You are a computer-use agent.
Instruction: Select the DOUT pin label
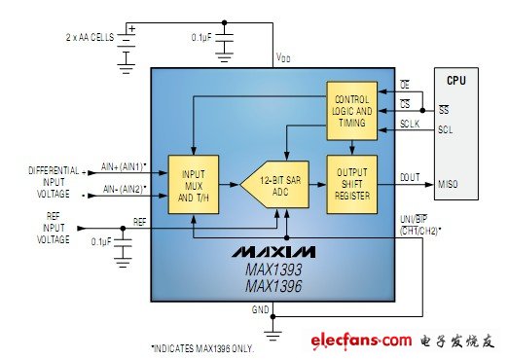[x=410, y=176]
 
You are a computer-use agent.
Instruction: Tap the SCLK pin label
[x=410, y=124]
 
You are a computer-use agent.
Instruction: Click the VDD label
[x=283, y=58]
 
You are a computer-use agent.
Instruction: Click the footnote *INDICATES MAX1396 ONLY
[x=201, y=348]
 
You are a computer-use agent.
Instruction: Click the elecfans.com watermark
[x=362, y=341]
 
